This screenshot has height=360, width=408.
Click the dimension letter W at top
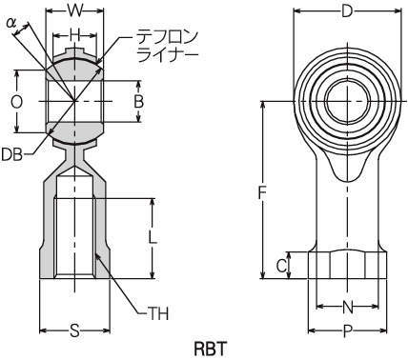[75, 12]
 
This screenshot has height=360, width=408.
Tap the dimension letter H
[74, 36]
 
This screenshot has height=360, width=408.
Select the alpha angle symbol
[11, 23]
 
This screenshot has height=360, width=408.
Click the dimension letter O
[16, 102]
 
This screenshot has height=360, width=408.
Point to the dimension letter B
[138, 102]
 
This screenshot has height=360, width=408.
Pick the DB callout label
[12, 155]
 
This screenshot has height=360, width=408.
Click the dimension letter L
[153, 237]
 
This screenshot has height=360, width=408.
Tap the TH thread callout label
[158, 313]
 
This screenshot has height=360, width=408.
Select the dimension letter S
[74, 330]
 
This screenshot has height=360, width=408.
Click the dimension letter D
[347, 12]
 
